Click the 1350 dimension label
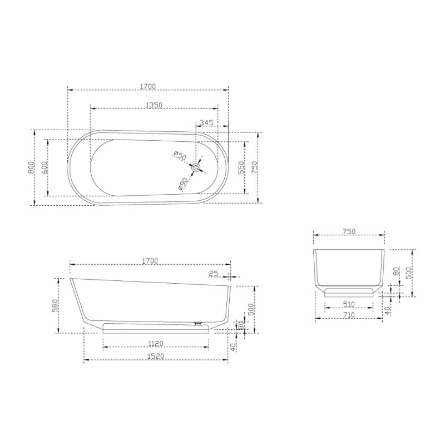coord(154,105)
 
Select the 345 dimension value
coord(206,122)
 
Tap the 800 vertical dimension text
coord(31,167)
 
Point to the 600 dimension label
coord(44,167)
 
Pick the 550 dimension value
coord(241,167)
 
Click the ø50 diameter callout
coord(180,156)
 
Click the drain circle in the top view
coord(196,168)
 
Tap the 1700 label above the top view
coord(148,86)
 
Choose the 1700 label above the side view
coord(150,261)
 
